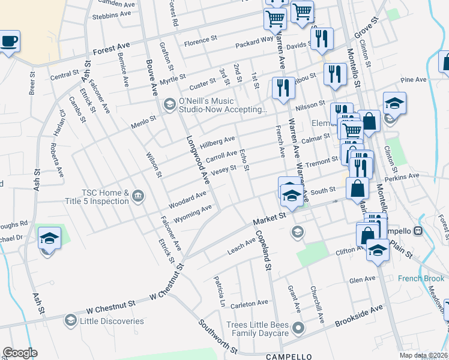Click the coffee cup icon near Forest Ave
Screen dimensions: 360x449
tap(8, 42)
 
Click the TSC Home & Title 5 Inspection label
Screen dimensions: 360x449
tap(106, 196)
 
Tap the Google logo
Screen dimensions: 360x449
tap(20, 353)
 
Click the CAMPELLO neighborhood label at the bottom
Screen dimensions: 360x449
tap(289, 356)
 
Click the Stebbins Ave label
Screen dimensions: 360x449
tap(112, 13)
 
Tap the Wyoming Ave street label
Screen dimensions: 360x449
tap(193, 213)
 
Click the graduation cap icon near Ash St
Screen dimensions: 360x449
tap(49, 238)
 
